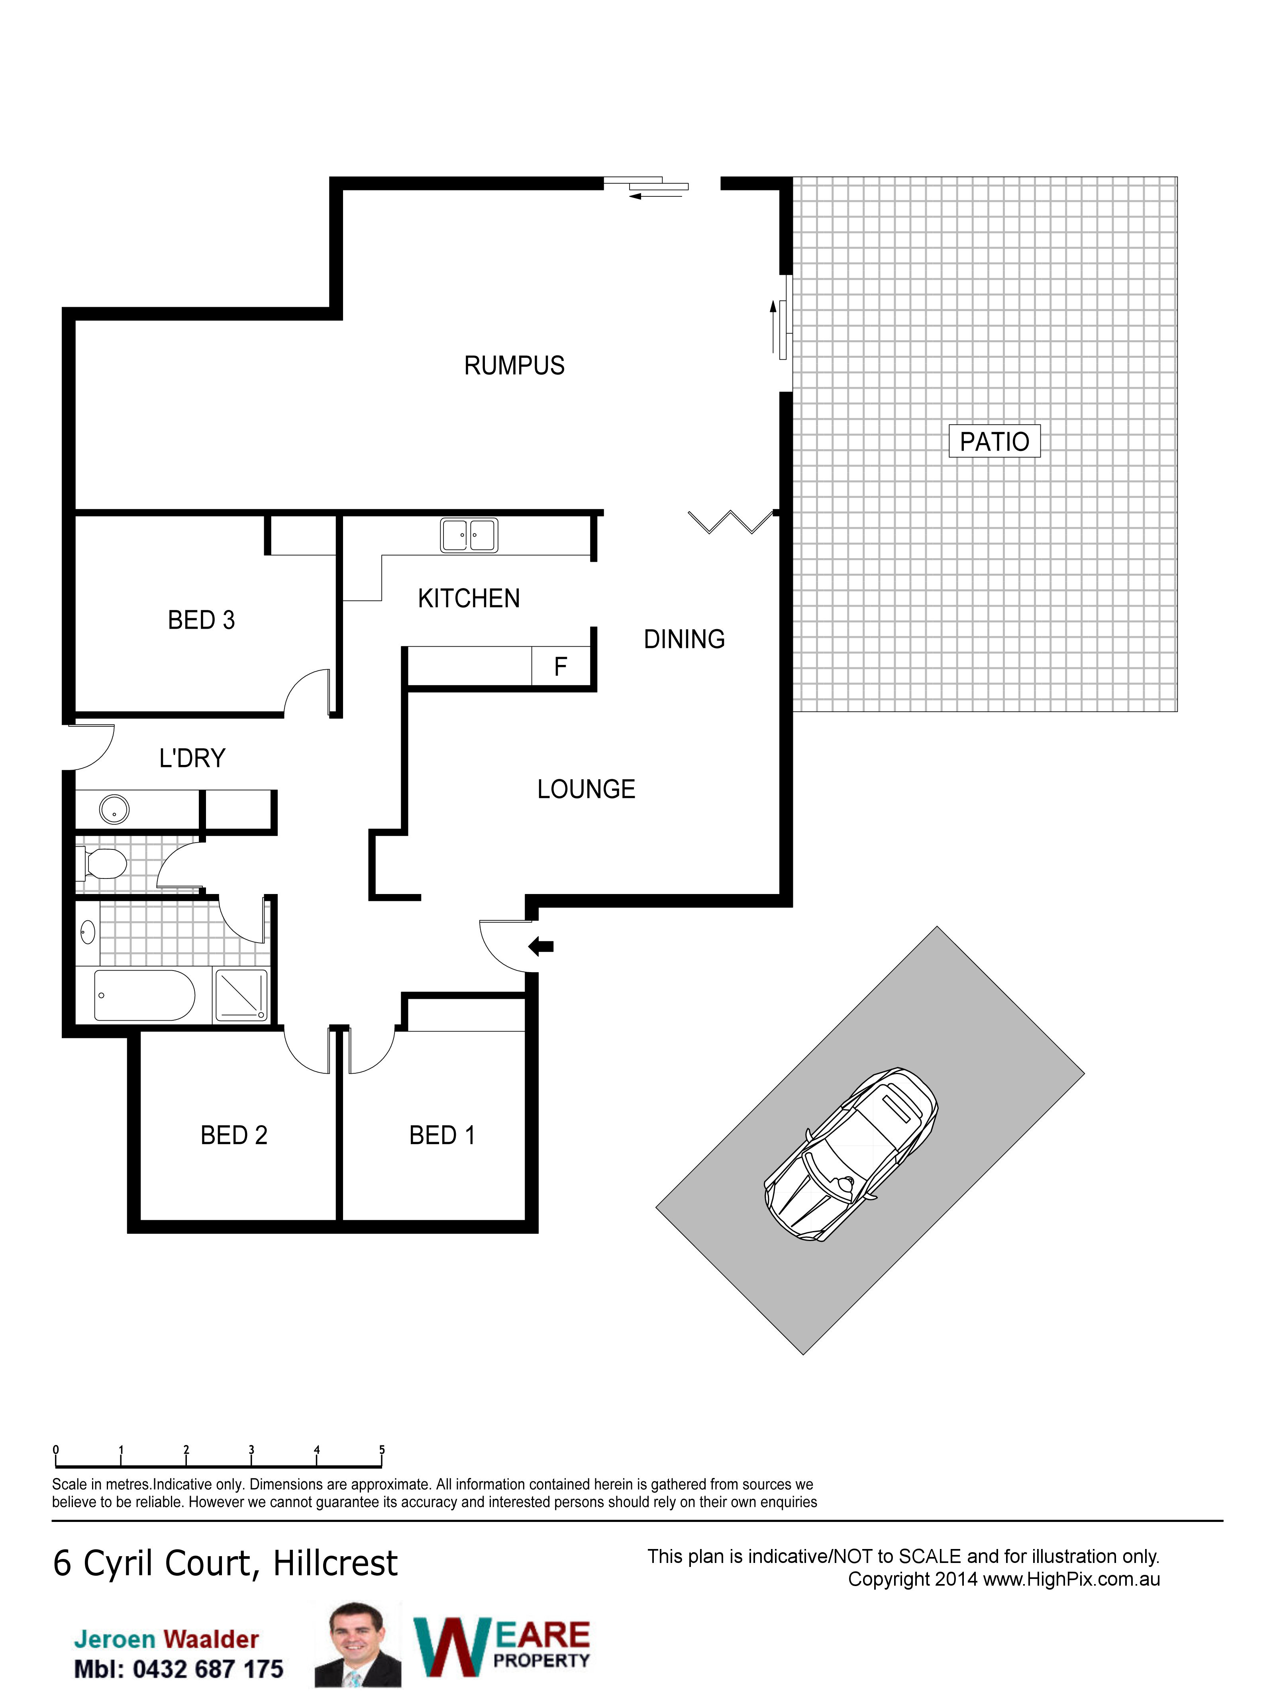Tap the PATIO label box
(994, 441)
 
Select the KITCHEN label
(469, 598)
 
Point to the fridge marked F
(561, 666)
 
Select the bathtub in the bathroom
(145, 995)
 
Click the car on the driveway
(851, 1154)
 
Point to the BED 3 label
(201, 620)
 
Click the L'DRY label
(192, 759)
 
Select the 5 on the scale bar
(382, 1449)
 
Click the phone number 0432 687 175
(208, 1669)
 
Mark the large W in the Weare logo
(453, 1647)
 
